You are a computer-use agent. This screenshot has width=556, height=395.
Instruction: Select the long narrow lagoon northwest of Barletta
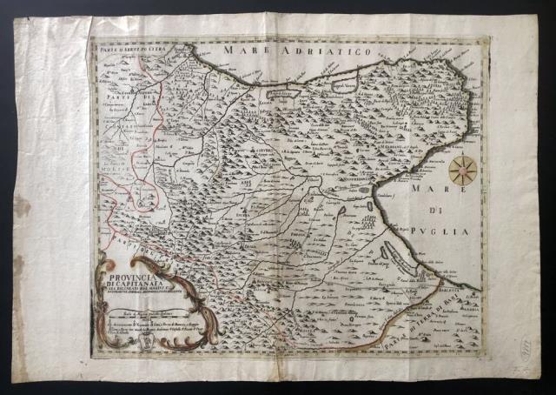click(x=400, y=260)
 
